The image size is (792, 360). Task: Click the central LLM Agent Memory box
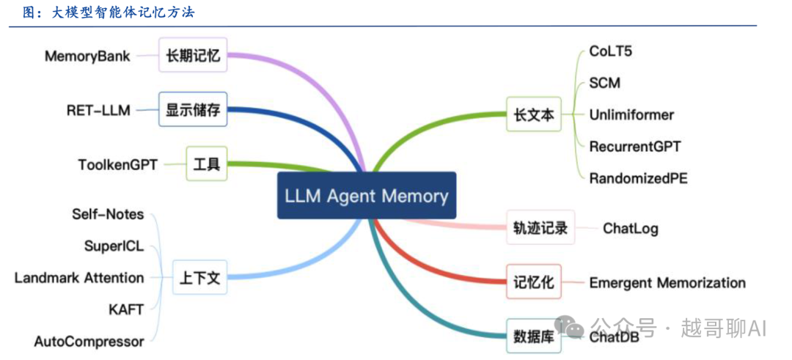[367, 196]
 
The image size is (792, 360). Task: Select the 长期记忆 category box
[193, 55]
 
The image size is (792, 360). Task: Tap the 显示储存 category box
[193, 111]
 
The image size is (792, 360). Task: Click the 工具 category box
[206, 164]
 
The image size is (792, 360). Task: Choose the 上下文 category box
[199, 278]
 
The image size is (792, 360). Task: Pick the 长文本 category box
[533, 115]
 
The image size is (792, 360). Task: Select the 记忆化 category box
[533, 282]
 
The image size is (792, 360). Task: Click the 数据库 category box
[533, 336]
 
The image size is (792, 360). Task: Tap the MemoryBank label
[87, 56]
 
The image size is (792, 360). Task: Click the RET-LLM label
[98, 111]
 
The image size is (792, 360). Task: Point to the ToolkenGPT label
[118, 164]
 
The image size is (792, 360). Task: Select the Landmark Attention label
[79, 278]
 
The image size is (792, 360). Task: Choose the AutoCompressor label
[89, 341]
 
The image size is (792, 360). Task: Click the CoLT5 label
[610, 51]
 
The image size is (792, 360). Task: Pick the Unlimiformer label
[631, 114]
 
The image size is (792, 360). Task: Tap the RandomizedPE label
[638, 177]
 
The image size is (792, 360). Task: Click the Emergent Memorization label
[667, 283]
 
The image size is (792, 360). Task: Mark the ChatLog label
[630, 228]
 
